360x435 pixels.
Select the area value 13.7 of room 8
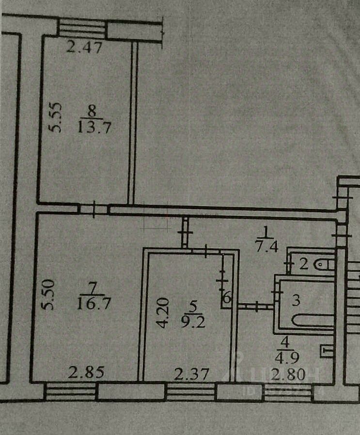[x=90, y=128]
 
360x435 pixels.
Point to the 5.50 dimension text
[x=50, y=297]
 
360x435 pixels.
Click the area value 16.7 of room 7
[x=90, y=304]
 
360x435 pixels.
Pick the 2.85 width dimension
[x=86, y=373]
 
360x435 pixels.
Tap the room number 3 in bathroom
[x=296, y=300]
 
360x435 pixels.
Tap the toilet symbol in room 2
[x=324, y=264]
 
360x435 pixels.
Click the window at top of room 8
[x=82, y=29]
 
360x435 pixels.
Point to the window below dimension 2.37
[x=190, y=391]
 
